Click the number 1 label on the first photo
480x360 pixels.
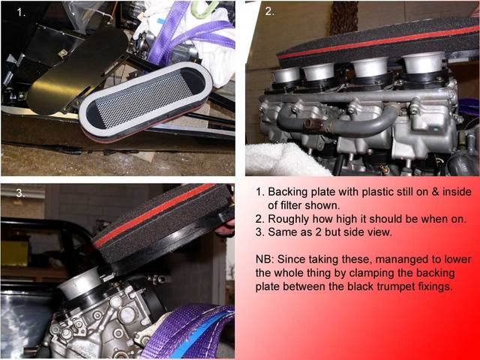pos(21,12)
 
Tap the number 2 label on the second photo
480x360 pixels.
pos(269,11)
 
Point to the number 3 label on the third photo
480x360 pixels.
pos(20,193)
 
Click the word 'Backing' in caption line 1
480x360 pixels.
pos(288,192)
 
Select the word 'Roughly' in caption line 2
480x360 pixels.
pos(289,219)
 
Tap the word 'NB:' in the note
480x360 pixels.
pos(265,259)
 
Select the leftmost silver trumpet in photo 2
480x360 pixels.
pos(286,75)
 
